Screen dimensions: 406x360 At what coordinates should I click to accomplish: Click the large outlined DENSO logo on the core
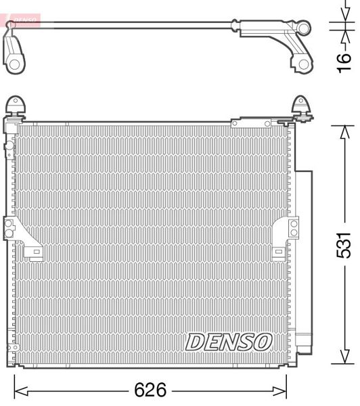click(229, 342)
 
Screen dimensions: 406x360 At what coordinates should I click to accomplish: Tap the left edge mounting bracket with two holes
click(11, 228)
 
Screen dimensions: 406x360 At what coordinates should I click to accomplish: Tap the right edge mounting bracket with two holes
click(293, 227)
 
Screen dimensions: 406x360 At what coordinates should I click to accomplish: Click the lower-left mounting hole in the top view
click(14, 65)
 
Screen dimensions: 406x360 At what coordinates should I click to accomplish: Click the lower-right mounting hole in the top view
click(303, 65)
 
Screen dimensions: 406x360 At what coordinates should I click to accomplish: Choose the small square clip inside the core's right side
click(278, 252)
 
